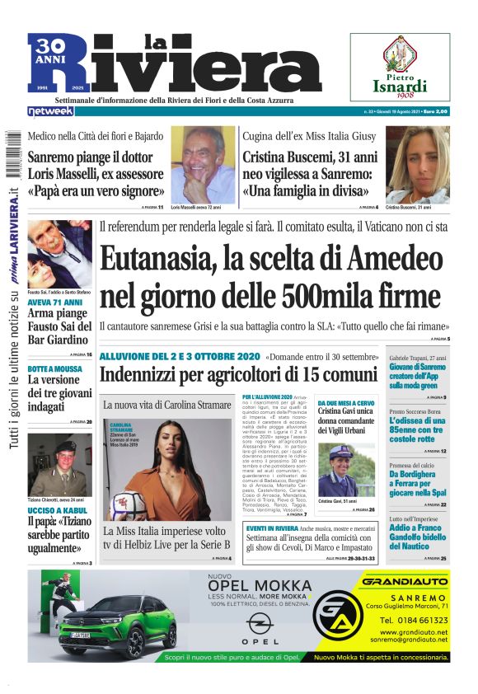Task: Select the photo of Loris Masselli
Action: (x=203, y=163)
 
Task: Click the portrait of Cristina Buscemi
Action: (x=417, y=163)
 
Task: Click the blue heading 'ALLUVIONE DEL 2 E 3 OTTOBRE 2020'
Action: (x=180, y=356)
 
